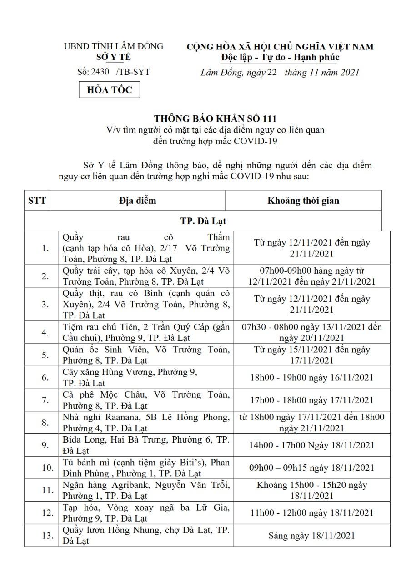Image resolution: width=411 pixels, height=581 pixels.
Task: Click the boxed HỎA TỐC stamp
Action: pos(110,90)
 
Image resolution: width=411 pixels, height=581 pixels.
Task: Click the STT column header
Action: pos(37,200)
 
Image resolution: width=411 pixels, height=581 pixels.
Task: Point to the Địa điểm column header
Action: pos(137,200)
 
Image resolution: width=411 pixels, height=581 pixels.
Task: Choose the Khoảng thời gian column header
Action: pos(303,200)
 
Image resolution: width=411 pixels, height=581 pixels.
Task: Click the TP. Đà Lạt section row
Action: pos(203,221)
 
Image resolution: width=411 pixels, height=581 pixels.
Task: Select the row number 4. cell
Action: pos(45,333)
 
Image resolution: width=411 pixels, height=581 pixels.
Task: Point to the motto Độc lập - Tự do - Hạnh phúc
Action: pos(280,57)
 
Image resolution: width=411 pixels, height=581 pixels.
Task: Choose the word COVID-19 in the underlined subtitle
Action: pos(255,141)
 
